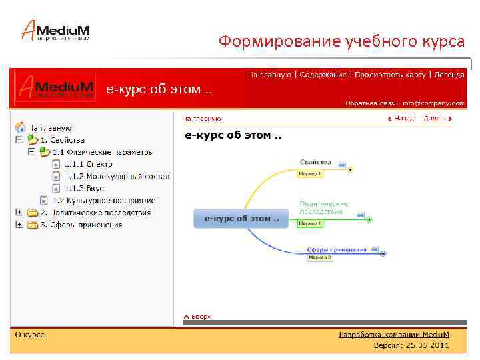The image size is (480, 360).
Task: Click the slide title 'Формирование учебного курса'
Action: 341,42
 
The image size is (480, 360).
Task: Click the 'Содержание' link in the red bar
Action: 323,75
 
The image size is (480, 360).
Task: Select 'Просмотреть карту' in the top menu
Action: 390,75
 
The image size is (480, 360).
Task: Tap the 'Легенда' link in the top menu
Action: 449,75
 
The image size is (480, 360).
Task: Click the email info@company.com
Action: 439,103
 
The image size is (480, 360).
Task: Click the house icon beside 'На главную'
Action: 21,127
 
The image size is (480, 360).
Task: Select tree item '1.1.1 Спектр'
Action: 89,164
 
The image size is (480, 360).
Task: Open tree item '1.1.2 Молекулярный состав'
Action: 117,176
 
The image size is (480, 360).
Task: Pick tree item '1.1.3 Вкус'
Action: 85,188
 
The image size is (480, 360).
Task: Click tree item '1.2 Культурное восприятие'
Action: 104,200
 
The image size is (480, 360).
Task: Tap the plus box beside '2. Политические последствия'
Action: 19,213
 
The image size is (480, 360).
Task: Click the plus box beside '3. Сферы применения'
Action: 19,225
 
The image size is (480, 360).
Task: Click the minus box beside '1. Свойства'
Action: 19,140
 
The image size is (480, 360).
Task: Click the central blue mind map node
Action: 241,218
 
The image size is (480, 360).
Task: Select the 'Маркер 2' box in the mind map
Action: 319,258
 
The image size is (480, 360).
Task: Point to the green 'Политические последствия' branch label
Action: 324,207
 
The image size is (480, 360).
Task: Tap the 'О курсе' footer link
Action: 30,335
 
